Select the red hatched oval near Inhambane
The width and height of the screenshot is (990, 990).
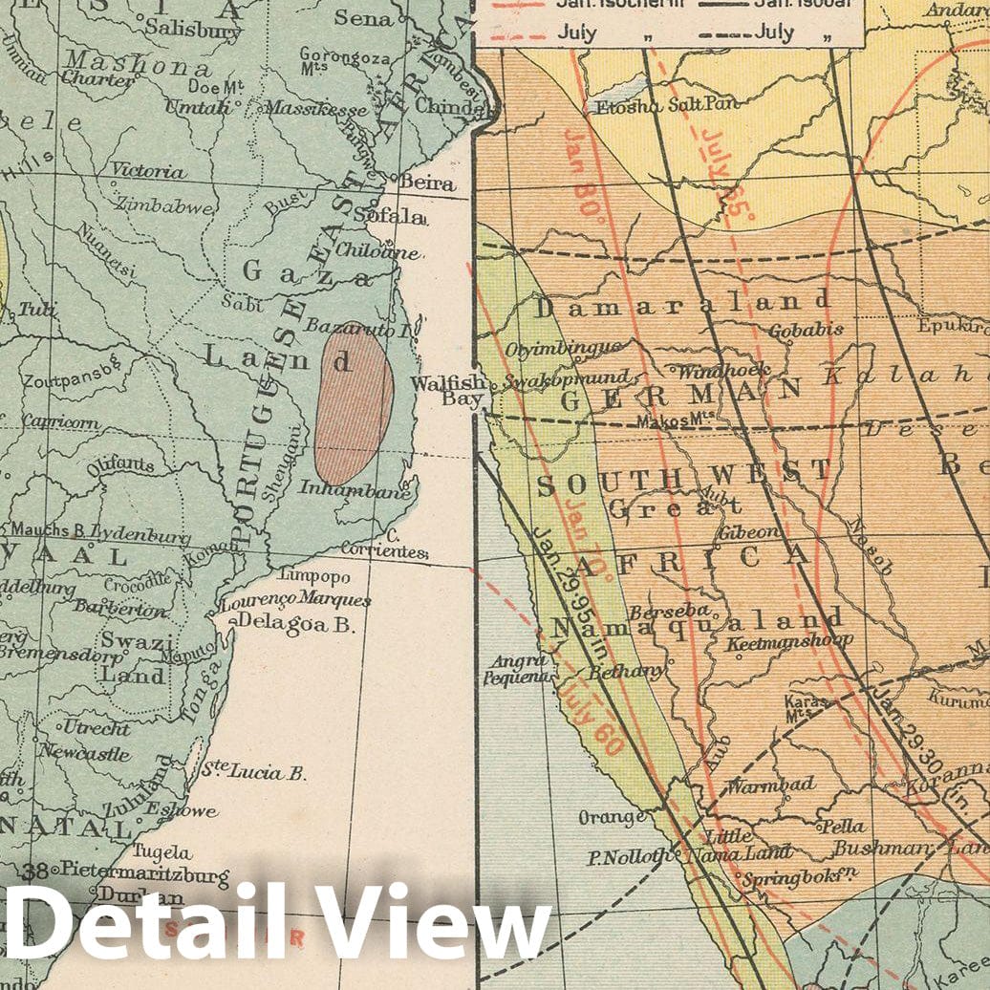coord(354,402)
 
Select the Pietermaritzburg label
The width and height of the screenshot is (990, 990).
coord(142,872)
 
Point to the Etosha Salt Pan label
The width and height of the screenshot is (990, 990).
coord(655,107)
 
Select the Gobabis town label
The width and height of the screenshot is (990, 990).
coord(807,330)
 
